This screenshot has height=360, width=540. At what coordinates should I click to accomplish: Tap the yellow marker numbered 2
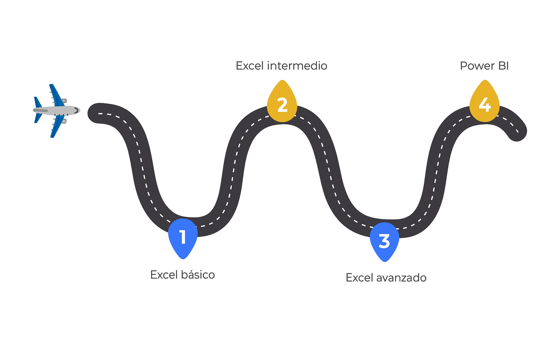pyautogui.click(x=282, y=104)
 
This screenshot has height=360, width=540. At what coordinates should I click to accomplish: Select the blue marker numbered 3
pyautogui.click(x=384, y=241)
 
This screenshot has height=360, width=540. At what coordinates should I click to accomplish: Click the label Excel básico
pyautogui.click(x=182, y=275)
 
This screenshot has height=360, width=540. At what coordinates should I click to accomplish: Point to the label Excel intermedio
pyautogui.click(x=281, y=66)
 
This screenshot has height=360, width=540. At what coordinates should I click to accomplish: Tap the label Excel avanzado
pyautogui.click(x=386, y=278)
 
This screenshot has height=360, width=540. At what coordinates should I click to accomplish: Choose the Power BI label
pyautogui.click(x=484, y=66)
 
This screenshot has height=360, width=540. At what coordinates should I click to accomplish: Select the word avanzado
pyautogui.click(x=401, y=278)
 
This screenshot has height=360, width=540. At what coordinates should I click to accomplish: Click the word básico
pyautogui.click(x=198, y=275)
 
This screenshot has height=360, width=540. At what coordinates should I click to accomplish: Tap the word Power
pyautogui.click(x=475, y=66)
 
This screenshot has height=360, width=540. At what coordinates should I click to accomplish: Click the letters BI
pyautogui.click(x=503, y=66)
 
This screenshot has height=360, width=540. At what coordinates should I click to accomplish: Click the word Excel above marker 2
pyautogui.click(x=250, y=66)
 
